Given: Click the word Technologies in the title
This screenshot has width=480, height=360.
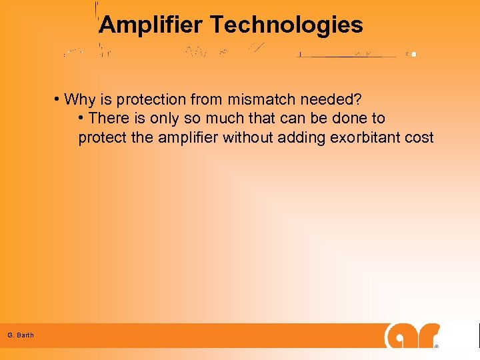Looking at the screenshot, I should point(287,25).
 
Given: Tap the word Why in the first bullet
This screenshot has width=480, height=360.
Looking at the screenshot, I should point(80,100).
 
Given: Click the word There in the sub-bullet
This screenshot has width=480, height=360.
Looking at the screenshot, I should point(107,119).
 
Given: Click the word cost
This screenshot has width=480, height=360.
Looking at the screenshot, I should point(421,138).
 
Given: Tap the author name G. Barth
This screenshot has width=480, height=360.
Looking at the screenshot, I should point(21,335).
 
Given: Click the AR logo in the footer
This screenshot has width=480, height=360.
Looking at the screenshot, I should point(412,335).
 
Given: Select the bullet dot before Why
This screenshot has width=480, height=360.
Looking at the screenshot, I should point(58,100).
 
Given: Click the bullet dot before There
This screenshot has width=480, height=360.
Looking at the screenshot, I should point(81,119).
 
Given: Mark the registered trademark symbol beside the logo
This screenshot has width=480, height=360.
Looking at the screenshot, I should point(437,347).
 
